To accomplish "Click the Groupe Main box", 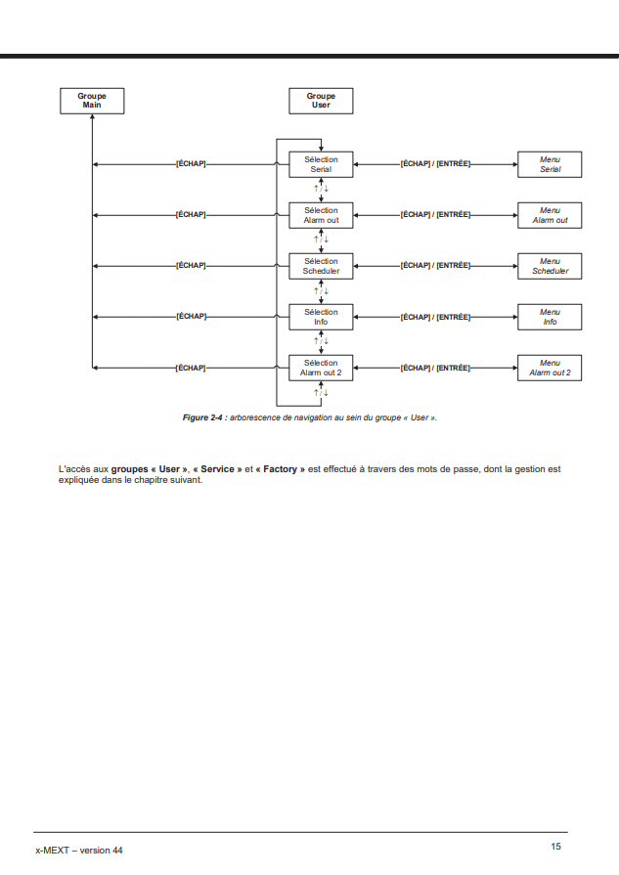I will (92, 101).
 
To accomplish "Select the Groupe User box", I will (321, 101).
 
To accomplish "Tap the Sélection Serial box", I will (321, 164).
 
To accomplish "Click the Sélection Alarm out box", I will (321, 215).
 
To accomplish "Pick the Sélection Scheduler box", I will (321, 266).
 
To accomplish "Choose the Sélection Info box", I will (321, 317).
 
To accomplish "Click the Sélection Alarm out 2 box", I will (321, 368).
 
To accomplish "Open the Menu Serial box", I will (550, 164).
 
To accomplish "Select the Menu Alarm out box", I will (550, 215).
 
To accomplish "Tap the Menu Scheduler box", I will (550, 266).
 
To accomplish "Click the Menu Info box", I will (550, 317).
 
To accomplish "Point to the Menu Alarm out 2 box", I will (550, 368).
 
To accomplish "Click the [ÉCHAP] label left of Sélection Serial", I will (191, 164).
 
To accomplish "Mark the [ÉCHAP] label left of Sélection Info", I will (191, 317).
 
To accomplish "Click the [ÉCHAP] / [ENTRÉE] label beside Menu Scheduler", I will (435, 266).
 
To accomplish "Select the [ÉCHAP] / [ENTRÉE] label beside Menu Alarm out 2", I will (435, 368).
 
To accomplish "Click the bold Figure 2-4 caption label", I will (204, 417).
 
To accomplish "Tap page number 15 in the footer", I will (555, 847).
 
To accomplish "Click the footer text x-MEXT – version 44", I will (79, 851).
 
